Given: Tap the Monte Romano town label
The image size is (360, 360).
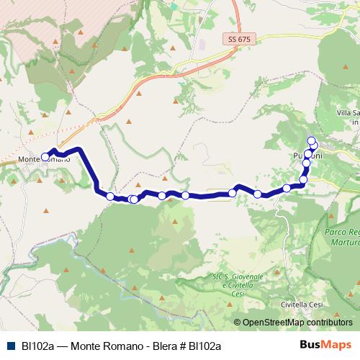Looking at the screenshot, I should coord(45,159).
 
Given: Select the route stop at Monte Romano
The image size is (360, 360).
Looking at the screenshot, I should coord(45,156).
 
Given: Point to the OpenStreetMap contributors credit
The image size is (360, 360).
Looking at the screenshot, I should coord(297,323).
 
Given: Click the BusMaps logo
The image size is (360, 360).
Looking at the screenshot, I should coord(325,346).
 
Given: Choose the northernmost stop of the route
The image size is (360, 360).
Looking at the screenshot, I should coord(311,140).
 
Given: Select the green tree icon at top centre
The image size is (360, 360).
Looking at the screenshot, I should coord(174,5).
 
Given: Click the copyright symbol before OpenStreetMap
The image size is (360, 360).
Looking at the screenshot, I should coord(238,323).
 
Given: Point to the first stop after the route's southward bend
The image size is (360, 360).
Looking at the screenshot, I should coord(110,196).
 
